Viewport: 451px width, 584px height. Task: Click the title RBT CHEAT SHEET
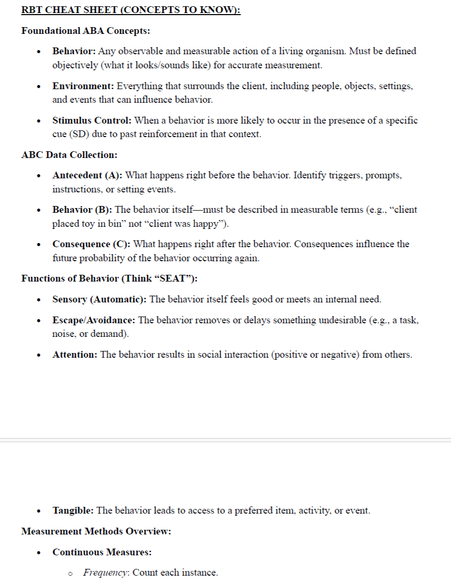130,10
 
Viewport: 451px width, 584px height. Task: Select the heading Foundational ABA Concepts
86,31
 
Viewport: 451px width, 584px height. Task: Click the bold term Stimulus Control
92,120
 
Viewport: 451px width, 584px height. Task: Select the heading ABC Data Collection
69,155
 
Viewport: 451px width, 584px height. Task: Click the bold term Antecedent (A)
87,175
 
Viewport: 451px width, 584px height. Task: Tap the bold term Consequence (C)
91,244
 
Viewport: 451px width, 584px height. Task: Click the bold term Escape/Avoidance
93,320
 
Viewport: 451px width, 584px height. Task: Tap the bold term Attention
75,355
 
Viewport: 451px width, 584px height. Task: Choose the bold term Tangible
73,510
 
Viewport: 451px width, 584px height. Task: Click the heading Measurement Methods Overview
96,531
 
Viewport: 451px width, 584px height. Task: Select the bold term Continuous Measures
102,552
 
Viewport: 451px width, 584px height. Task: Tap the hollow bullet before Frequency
70,573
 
